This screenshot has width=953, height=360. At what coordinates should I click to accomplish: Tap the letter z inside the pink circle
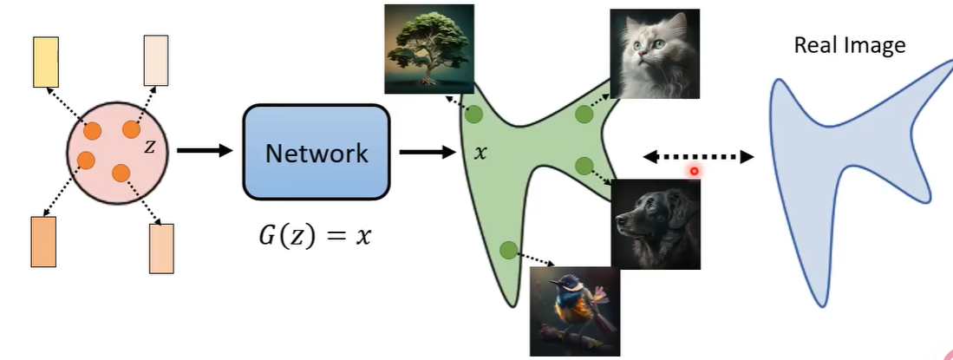149,147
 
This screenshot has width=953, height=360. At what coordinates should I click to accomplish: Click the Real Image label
849,45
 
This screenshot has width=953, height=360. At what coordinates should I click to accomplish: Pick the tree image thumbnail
430,49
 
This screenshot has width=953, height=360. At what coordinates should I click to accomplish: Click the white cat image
654,54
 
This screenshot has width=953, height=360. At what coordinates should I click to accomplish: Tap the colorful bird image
575,310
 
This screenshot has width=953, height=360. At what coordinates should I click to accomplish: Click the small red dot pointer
694,171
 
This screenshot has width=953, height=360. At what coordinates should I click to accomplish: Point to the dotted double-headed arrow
698,157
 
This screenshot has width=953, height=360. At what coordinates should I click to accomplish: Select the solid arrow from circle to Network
206,150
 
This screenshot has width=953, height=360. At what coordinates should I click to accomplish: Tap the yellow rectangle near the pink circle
45,62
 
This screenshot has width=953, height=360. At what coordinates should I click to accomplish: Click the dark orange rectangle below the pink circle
43,242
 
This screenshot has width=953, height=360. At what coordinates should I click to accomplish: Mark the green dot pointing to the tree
473,115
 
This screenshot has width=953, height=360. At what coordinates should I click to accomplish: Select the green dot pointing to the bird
508,251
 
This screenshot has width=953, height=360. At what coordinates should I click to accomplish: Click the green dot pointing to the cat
584,114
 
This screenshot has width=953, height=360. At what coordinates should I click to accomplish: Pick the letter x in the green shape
481,153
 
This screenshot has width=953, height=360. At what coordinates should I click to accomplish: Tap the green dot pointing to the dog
584,165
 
